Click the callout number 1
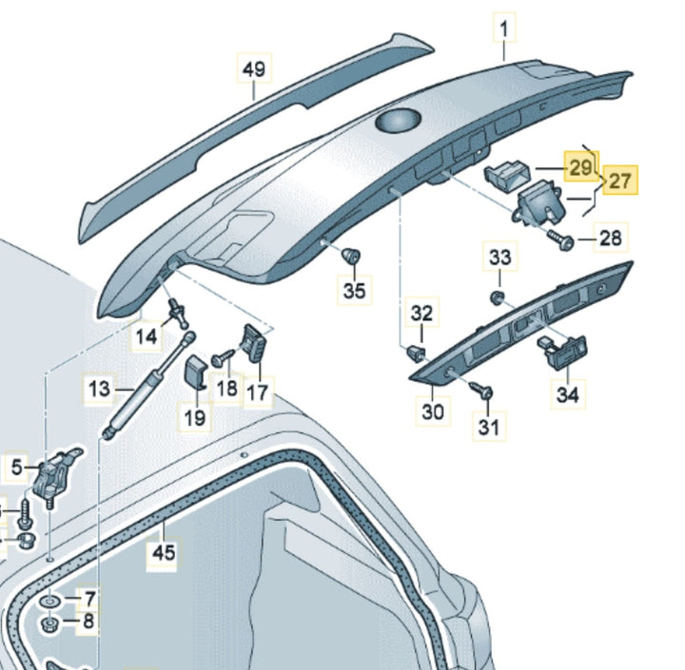(502, 30)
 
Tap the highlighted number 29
(579, 166)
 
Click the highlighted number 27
(620, 180)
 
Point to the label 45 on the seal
(166, 552)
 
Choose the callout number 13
(100, 388)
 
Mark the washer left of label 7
(48, 602)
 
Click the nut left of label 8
(49, 624)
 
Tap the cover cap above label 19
(197, 372)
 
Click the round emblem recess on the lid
(398, 121)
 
